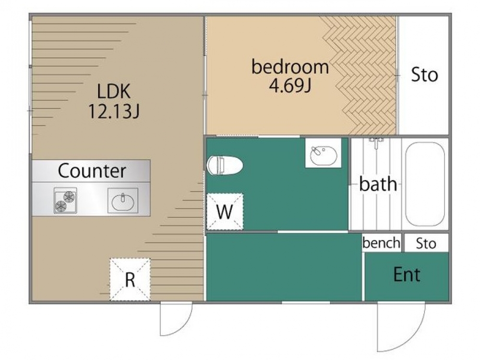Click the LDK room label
click(x=114, y=91)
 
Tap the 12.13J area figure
click(x=114, y=111)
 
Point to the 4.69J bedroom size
click(x=290, y=85)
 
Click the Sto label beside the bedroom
click(x=424, y=75)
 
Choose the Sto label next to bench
click(x=426, y=244)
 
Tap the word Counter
click(x=92, y=170)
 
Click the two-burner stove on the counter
click(x=65, y=201)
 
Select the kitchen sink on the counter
click(x=123, y=201)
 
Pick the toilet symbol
click(x=225, y=165)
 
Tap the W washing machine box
click(x=225, y=211)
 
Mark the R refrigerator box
click(x=130, y=279)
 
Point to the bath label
click(x=378, y=184)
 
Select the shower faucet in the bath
click(x=376, y=143)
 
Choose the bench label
click(x=382, y=243)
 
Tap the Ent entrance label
click(x=407, y=274)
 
